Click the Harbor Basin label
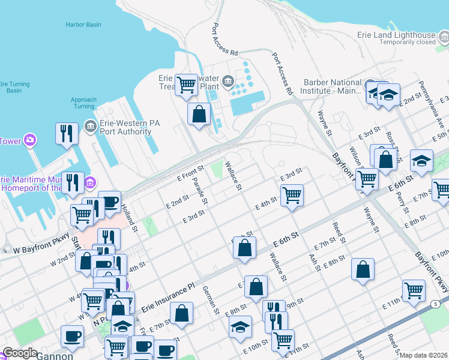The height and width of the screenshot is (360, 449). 83,25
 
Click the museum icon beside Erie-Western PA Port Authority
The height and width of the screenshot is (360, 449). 91,125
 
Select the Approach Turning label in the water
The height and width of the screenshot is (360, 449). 83,103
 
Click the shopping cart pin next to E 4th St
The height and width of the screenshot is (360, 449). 292,195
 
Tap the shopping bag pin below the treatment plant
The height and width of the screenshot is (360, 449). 199,113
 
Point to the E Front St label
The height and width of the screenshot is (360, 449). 191,174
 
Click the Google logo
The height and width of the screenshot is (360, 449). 20,353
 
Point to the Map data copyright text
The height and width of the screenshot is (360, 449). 423,355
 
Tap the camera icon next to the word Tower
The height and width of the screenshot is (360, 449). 29,141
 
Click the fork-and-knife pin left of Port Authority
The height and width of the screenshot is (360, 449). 67,133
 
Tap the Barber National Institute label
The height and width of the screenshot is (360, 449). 333,87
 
